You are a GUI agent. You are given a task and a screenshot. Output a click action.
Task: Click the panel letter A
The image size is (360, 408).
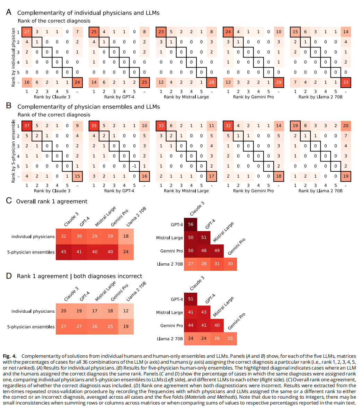[9, 12]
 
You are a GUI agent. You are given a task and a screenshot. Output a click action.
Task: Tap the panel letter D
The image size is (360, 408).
[9, 276]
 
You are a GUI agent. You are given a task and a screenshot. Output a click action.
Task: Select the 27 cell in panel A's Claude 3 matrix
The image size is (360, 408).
[27, 32]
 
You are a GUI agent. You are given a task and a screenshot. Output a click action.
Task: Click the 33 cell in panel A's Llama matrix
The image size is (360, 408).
[346, 82]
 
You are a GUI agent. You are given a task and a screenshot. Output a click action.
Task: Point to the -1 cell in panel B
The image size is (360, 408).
[134, 166]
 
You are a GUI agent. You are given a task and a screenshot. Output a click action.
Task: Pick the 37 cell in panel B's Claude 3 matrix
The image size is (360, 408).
[27, 126]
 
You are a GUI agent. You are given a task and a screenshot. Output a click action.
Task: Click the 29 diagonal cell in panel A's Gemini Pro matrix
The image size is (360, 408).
[279, 82]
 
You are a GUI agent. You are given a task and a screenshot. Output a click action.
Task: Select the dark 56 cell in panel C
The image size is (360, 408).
[191, 224]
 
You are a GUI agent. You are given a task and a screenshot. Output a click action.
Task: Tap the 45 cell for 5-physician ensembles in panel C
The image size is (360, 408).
[63, 252]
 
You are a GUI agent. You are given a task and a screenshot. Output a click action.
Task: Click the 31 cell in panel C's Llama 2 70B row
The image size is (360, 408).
[217, 264]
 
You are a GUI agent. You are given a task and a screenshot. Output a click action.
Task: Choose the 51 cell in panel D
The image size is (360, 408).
[191, 299]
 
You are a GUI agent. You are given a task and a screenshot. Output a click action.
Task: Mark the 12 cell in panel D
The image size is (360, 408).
[126, 311]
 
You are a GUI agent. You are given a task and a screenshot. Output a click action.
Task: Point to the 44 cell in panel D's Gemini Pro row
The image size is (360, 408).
[191, 325]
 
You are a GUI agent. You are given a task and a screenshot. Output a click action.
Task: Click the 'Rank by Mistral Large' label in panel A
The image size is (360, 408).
[186, 97]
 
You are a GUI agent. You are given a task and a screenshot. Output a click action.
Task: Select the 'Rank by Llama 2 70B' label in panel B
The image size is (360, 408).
[321, 191]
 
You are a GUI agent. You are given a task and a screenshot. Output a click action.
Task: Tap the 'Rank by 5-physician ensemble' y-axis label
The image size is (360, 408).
[14, 151]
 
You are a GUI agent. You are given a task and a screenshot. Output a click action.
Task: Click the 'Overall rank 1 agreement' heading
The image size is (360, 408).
[52, 201]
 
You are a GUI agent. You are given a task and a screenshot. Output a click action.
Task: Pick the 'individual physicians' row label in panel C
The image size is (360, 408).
[33, 237]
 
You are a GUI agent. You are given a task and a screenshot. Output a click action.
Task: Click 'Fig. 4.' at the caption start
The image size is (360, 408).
[10, 356]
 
